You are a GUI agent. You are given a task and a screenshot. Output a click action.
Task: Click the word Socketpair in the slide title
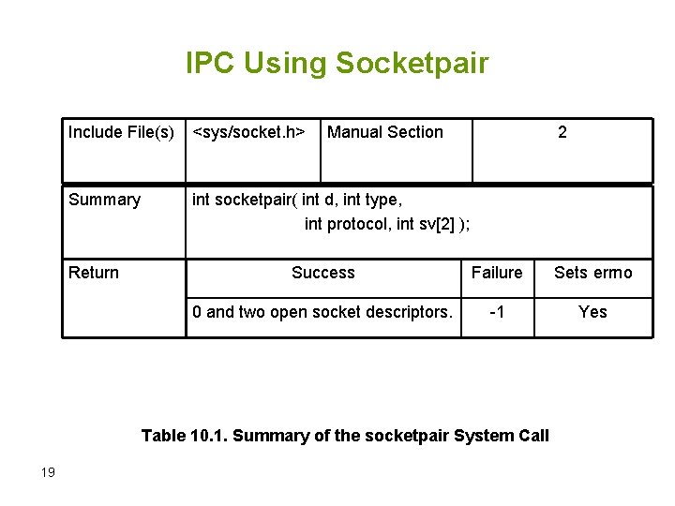point(412,64)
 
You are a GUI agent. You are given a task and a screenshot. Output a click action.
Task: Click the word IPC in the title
point(212,64)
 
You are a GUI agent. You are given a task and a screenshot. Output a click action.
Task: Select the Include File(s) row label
point(121,132)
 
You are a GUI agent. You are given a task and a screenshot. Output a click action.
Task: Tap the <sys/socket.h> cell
point(248,132)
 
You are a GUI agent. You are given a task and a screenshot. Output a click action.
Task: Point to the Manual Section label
point(385,132)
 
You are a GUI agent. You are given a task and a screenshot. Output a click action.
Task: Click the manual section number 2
point(562,132)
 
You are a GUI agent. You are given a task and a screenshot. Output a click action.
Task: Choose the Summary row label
point(104,200)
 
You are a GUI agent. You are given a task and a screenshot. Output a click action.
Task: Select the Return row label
point(94,273)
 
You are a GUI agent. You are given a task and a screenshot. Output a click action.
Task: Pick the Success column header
point(323,273)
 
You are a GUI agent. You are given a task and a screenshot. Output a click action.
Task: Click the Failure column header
point(497,273)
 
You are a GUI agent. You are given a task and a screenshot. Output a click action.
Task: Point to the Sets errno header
point(593,273)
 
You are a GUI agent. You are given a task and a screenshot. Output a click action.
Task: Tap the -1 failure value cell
point(497,312)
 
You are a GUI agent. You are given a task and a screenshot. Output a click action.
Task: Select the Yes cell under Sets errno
point(592,312)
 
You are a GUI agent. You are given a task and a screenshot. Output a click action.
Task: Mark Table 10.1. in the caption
point(185,435)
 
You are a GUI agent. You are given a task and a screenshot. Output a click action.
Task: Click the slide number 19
point(49,472)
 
